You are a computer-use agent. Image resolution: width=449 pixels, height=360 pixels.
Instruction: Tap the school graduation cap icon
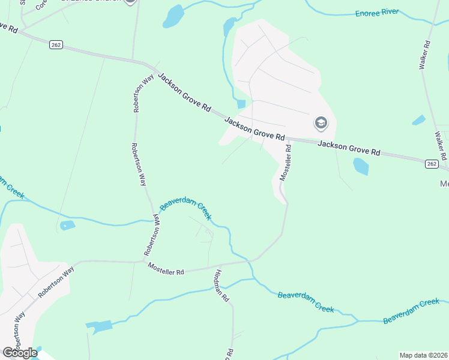pos(321,124)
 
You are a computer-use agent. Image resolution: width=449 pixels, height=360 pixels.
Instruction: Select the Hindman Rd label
pos(220,285)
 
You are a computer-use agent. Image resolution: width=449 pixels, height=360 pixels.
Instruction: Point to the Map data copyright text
pos(424,355)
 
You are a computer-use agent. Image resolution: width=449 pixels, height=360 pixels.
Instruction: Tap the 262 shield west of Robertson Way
pos(56,45)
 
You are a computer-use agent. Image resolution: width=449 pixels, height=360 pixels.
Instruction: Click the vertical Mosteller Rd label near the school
pos(285,163)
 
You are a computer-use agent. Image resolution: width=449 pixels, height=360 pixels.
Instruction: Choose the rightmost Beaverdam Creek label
pos(411,310)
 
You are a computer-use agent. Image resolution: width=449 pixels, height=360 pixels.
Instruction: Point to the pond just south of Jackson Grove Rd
pos(361,166)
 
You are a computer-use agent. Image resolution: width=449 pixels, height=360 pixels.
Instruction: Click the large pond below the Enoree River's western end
pos(173,16)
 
